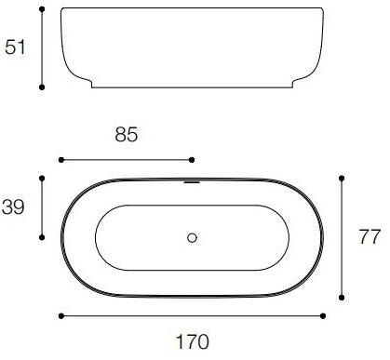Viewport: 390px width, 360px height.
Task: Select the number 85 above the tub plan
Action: tap(126, 136)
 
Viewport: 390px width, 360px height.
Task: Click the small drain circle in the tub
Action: tap(193, 237)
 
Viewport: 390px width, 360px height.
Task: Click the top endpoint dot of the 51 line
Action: tap(43, 11)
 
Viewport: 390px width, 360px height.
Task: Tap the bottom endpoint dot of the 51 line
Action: tap(43, 87)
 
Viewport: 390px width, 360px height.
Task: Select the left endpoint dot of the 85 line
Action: tap(61, 159)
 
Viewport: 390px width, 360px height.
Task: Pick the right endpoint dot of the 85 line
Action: tap(194, 159)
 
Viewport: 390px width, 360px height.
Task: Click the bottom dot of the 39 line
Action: tap(43, 237)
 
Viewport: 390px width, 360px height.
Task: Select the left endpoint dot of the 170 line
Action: tap(61, 315)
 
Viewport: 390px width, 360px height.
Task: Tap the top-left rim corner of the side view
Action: tap(62, 11)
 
